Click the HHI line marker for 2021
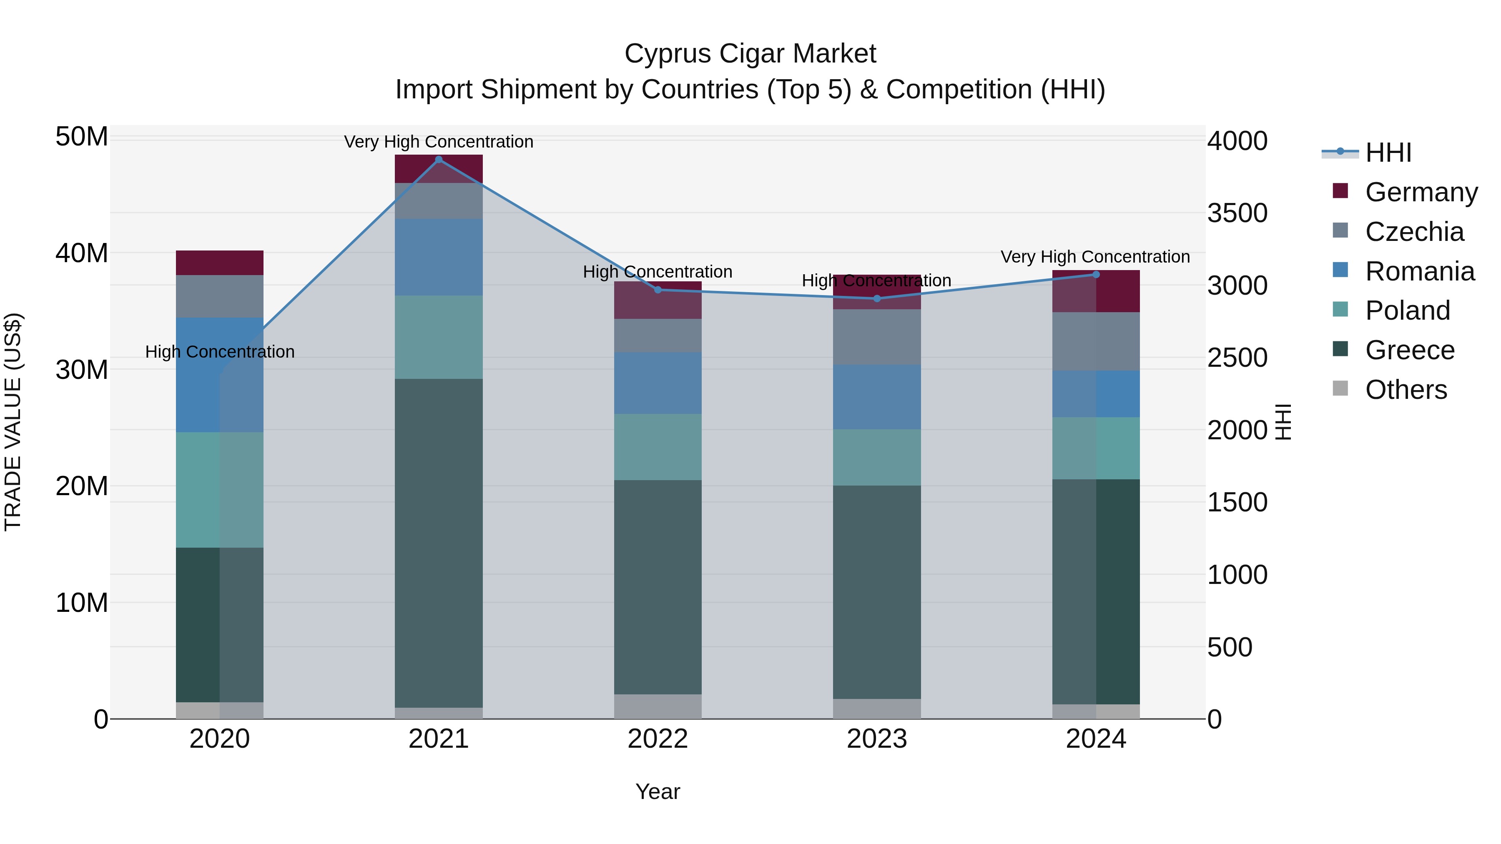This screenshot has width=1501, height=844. (439, 160)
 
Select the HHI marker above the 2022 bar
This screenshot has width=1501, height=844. (658, 290)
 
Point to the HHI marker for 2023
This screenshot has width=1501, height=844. (877, 299)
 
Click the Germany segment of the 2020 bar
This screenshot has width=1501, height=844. (220, 263)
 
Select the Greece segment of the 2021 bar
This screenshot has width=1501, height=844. (439, 542)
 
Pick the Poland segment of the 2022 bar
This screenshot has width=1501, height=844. (658, 447)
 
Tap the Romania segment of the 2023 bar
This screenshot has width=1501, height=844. (877, 397)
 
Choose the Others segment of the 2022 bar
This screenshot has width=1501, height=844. (658, 706)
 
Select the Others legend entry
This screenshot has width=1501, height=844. (1406, 390)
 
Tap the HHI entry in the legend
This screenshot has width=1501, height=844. (1388, 153)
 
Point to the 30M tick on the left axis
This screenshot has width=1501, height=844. (82, 370)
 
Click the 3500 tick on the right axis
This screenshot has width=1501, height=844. (1237, 213)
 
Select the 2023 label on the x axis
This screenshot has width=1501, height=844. (877, 739)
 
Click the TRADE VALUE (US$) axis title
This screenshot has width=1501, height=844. (13, 422)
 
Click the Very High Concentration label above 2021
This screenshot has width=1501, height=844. (439, 142)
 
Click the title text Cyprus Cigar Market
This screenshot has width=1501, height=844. (750, 54)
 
